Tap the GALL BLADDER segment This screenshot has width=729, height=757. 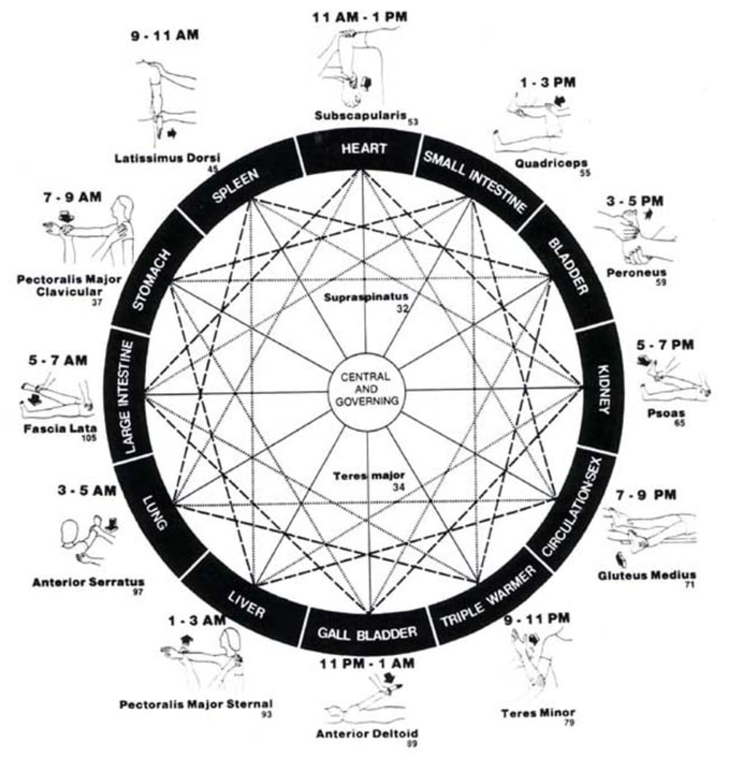click(x=367, y=632)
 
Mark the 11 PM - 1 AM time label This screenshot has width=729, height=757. click(x=367, y=663)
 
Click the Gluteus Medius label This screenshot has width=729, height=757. click(x=647, y=575)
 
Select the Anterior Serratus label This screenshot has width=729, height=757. click(x=88, y=582)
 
